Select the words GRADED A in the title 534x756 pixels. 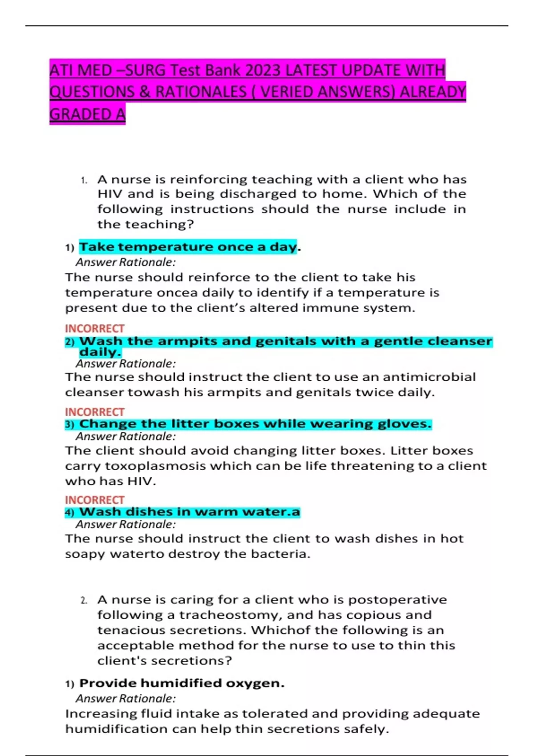[x=87, y=114]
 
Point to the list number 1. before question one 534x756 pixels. [x=84, y=180]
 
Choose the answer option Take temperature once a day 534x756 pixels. [x=188, y=247]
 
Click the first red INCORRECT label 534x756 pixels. [x=94, y=329]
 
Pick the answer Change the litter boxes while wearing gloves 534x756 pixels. [x=255, y=424]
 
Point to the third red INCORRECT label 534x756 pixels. [x=94, y=500]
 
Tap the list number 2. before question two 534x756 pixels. [x=84, y=600]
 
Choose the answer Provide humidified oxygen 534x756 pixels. [x=182, y=683]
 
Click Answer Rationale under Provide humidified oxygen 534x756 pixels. [x=125, y=699]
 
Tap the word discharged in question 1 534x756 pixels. [x=259, y=194]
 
